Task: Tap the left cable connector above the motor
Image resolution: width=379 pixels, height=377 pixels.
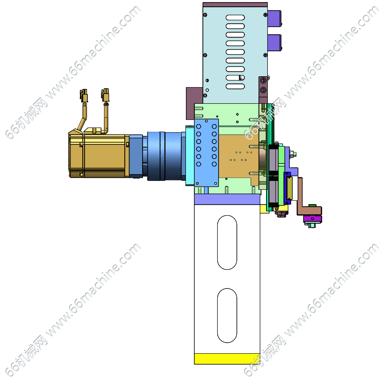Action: (84, 96)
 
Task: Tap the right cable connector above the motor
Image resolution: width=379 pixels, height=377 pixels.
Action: (105, 95)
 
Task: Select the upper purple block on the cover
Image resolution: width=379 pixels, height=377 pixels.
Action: (274, 18)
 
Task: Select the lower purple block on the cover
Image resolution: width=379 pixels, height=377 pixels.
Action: (274, 43)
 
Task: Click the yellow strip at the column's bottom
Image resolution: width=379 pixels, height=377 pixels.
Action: (227, 358)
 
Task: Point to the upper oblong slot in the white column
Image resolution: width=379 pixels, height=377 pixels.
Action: (227, 242)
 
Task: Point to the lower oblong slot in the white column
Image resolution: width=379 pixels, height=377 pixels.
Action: (227, 316)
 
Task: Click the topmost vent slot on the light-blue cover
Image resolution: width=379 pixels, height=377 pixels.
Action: (235, 17)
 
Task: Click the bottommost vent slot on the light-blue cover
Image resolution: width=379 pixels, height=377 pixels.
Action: (235, 86)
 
